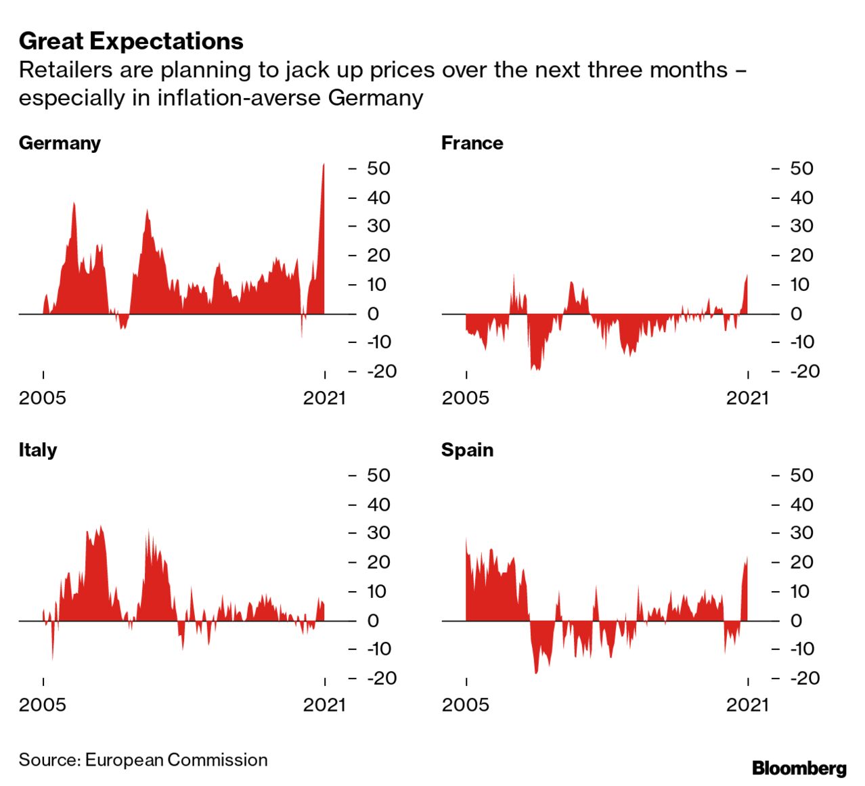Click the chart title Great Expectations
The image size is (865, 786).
point(131,41)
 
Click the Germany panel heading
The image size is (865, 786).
point(60,143)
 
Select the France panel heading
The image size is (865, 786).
point(472,143)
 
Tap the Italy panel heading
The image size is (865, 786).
point(38,450)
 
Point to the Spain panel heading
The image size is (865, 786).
point(467,450)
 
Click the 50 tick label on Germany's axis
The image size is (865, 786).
point(378,168)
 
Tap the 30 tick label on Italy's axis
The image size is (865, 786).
point(378,533)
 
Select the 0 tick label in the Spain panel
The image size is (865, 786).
point(796,620)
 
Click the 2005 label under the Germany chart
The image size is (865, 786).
point(43,398)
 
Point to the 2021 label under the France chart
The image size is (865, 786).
point(747,398)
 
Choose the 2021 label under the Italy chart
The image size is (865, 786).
point(324,705)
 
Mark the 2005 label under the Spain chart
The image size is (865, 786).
point(466,705)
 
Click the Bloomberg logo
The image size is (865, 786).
point(799,768)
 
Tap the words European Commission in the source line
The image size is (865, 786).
point(176,760)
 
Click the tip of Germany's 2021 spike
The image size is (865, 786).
point(324,164)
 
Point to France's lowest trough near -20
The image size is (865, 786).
point(535,369)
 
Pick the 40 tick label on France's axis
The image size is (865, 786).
point(801,198)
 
